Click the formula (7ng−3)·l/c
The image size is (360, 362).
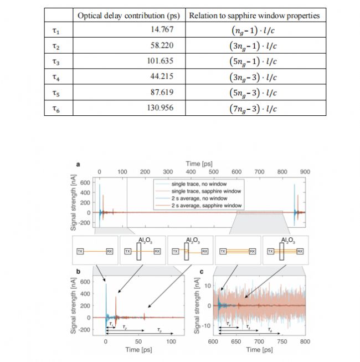(254, 107)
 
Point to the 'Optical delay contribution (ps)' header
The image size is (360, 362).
(128, 15)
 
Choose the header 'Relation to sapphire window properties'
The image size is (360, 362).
(254, 15)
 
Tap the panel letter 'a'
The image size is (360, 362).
(78, 165)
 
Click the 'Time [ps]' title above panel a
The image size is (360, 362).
(200, 164)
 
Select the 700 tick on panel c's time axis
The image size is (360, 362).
(259, 341)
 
